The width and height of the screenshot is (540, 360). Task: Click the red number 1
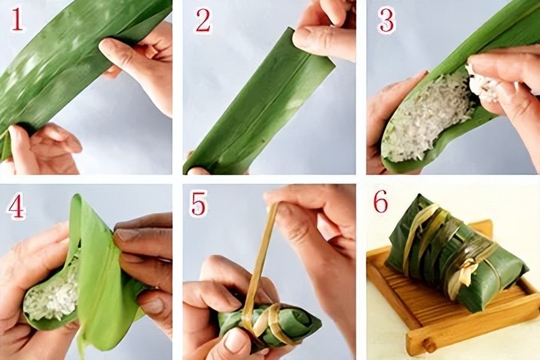pos(17,20)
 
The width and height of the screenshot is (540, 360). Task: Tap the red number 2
pos(203,20)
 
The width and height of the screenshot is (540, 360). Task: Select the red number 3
pos(386,20)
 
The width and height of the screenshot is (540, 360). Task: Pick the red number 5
pos(199,204)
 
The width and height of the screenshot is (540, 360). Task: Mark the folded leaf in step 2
pos(258,103)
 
